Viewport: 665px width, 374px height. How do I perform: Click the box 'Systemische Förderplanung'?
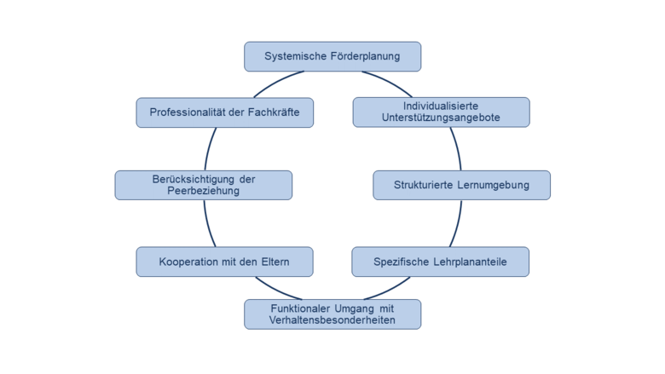(332, 56)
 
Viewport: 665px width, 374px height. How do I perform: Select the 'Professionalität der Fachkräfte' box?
(224, 112)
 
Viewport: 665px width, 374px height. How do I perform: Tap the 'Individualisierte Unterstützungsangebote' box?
(441, 112)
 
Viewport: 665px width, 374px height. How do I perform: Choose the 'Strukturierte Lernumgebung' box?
(461, 185)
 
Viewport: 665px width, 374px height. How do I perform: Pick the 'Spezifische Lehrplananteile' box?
(440, 262)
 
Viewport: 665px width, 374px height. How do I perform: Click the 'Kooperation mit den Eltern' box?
(224, 262)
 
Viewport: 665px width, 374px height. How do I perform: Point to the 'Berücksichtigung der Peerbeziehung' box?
(203, 185)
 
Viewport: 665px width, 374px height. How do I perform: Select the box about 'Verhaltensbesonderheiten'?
(332, 314)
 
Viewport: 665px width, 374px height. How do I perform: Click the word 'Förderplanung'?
(366, 56)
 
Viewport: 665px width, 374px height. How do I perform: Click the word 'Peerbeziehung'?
(203, 192)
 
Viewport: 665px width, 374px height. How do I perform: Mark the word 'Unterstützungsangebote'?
(441, 118)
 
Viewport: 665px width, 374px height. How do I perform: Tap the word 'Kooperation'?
(188, 262)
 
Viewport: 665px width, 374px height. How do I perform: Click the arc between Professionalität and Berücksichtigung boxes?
(206, 149)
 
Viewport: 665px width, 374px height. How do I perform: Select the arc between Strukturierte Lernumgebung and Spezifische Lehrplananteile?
(461, 223)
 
